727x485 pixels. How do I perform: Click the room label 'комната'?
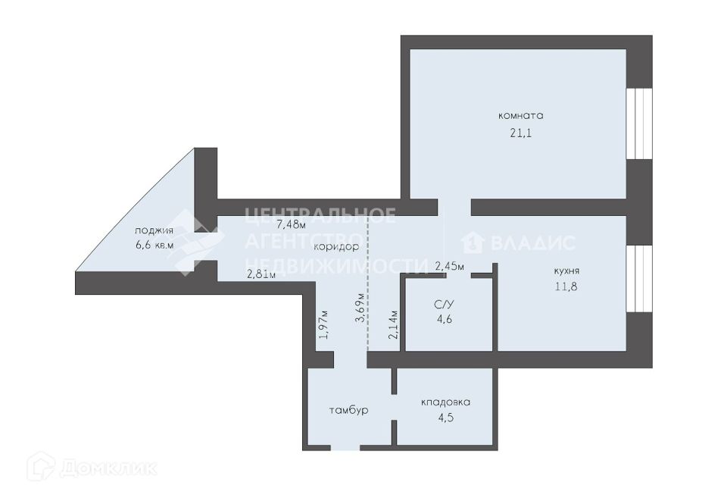[x=521, y=116]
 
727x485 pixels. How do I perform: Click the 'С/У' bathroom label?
[x=445, y=304]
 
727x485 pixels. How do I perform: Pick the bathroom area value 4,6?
[x=445, y=319]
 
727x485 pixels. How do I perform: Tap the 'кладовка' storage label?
[x=445, y=402]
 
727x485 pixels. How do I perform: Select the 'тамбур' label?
[x=348, y=410]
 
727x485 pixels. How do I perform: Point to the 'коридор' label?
[x=335, y=246]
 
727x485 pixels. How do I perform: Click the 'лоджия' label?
[x=154, y=230]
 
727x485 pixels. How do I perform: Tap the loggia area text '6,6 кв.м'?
[x=154, y=245]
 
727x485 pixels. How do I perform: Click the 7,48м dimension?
[x=291, y=224]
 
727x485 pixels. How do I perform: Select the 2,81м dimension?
[x=261, y=274]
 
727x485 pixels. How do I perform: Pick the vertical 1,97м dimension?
[x=323, y=324]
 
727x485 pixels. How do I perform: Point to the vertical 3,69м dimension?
[x=360, y=308]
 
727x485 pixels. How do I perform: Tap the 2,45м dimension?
[x=449, y=265]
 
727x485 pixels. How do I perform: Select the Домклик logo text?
[x=92, y=466]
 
